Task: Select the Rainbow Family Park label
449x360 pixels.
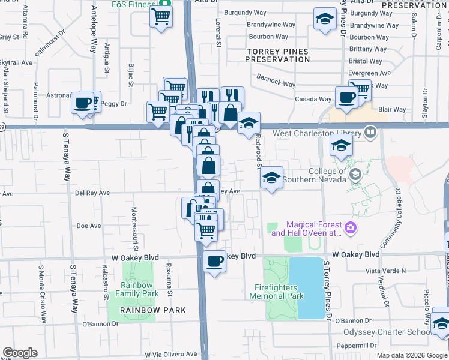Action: [x=136, y=289]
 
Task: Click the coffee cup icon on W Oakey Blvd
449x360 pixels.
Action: [x=214, y=260]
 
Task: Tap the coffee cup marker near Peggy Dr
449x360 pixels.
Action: [x=82, y=103]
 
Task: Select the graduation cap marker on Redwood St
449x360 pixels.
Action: [x=271, y=178]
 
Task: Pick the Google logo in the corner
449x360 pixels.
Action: [x=20, y=353]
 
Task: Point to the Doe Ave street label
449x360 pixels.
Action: [x=89, y=226]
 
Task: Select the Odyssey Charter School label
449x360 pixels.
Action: [x=385, y=332]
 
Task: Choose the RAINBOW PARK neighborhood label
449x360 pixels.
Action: [x=152, y=310]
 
